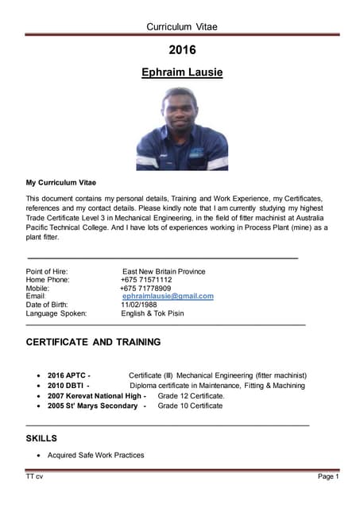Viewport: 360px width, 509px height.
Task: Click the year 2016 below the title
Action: pos(182,50)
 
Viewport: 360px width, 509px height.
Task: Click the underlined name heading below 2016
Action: pos(182,72)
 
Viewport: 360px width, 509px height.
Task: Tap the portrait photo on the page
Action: pos(182,129)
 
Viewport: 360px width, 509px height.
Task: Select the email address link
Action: pos(168,296)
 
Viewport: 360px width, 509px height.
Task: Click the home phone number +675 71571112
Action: pos(146,280)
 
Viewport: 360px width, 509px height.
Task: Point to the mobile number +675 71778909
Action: pos(145,288)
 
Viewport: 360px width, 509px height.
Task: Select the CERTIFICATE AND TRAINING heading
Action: pos(93,342)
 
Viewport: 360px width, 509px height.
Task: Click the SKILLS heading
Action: pos(41,438)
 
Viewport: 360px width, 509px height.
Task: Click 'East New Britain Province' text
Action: pos(163,271)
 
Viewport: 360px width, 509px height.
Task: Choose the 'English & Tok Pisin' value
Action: pos(152,313)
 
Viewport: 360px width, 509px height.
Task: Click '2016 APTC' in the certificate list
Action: pos(68,375)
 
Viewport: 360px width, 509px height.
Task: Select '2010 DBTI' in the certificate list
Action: pos(67,385)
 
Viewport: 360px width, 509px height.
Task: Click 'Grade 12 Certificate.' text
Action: pos(192,395)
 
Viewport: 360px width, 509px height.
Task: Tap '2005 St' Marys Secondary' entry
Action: pos(96,406)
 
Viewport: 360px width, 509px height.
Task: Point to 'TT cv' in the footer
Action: pos(34,476)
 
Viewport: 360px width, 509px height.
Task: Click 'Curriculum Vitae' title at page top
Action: pos(182,27)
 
